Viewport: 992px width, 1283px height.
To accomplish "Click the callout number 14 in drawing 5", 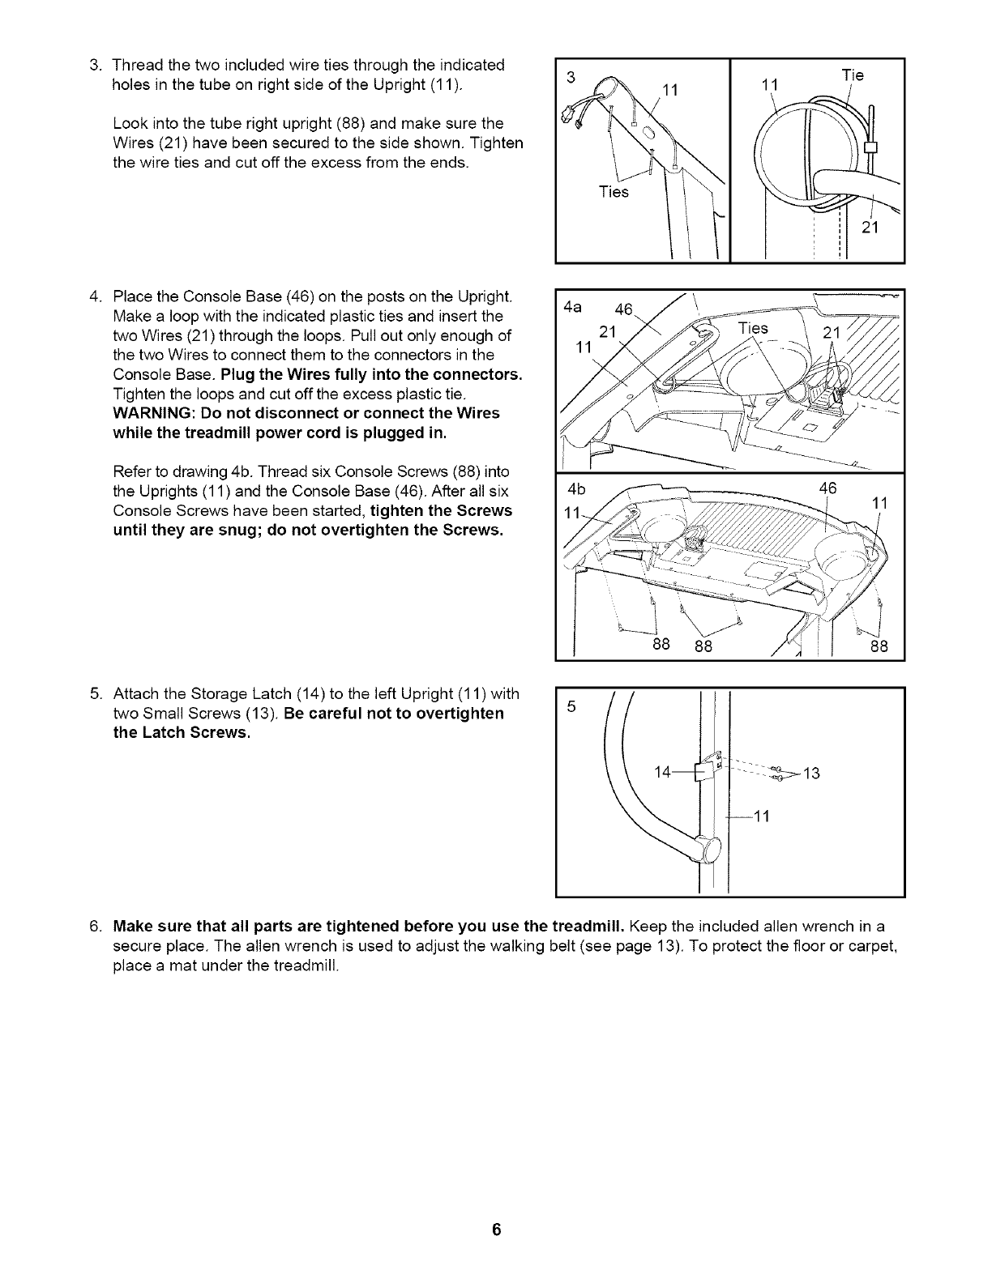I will coord(663,773).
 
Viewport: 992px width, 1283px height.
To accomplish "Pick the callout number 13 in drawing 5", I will coord(811,774).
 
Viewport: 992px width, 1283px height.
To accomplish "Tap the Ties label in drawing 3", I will coord(613,192).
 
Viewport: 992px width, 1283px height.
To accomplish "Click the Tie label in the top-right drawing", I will coord(853,75).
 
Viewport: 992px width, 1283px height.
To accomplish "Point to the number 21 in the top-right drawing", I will coord(870,228).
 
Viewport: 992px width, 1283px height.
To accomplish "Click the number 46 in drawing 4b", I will coord(827,488).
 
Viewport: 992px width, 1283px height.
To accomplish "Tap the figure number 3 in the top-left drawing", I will coord(571,77).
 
